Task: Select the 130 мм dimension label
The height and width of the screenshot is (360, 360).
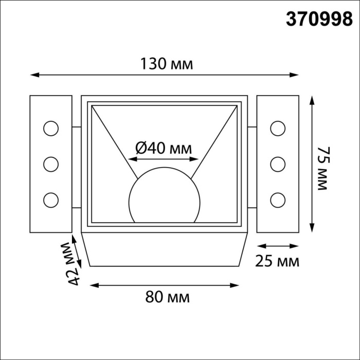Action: click(x=167, y=64)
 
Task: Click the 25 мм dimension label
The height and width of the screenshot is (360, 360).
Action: click(x=277, y=261)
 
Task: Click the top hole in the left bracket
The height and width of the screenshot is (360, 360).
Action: click(x=51, y=129)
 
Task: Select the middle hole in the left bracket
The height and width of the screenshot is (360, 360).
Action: click(x=51, y=164)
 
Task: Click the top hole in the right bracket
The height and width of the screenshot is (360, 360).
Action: click(x=277, y=129)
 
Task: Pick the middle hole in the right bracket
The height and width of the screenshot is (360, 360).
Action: click(x=277, y=164)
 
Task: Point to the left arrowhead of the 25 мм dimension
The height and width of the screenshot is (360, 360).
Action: click(x=259, y=245)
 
